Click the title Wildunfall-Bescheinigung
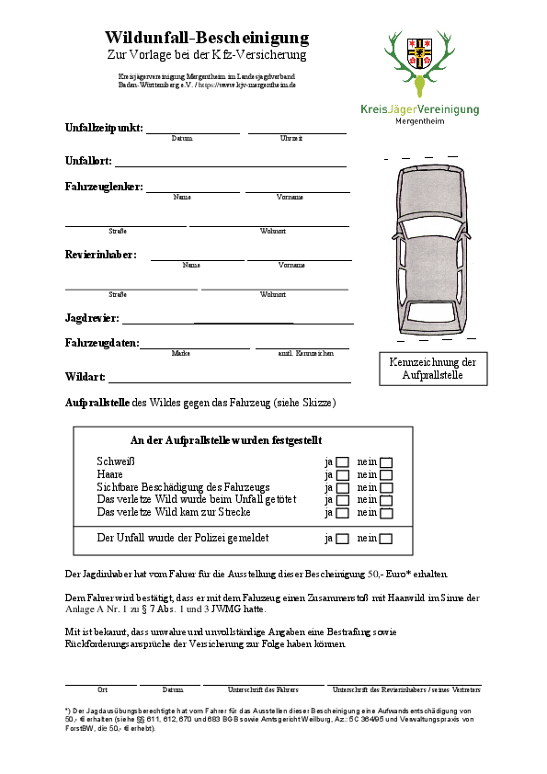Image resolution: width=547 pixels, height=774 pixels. [x=206, y=38]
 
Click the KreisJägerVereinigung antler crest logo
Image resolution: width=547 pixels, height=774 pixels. [x=419, y=61]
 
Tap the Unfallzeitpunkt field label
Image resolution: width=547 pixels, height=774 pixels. [x=103, y=128]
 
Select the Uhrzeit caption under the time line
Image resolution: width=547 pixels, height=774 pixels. [x=291, y=138]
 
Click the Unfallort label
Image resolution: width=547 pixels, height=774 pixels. [x=88, y=161]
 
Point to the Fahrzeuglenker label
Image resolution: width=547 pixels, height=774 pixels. [x=104, y=187]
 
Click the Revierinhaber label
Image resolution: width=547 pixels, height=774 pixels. [x=100, y=255]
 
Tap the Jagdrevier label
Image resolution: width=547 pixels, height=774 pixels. [x=92, y=318]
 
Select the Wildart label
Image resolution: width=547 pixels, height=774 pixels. [x=85, y=377]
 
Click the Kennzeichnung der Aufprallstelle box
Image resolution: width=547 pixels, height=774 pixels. [x=433, y=369]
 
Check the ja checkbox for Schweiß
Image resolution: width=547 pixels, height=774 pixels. [x=343, y=462]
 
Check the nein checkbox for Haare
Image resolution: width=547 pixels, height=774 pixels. [x=386, y=475]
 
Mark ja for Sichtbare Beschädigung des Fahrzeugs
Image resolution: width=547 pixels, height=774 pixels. [x=343, y=488]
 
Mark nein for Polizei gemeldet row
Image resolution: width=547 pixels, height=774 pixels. [x=386, y=539]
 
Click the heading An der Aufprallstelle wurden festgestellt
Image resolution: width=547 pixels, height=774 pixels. [x=226, y=441]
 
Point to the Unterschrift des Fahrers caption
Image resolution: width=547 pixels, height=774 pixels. [x=263, y=689]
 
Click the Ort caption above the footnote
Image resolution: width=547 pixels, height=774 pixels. [x=102, y=689]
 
